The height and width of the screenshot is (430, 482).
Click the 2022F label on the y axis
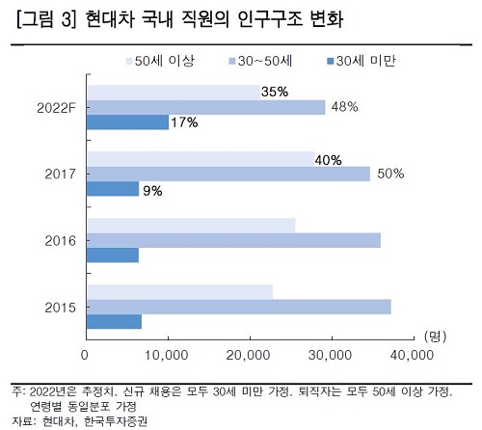pos(54,107)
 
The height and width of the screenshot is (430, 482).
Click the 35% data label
pos(274,93)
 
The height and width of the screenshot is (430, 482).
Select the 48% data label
pos(344,107)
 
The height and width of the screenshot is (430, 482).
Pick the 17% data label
pos(184,122)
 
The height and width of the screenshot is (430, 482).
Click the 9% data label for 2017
pos(152,190)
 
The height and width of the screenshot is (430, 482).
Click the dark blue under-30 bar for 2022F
pos(127,122)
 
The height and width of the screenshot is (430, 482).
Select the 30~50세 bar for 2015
pos(238,307)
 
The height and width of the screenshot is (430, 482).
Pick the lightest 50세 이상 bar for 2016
pos(190,226)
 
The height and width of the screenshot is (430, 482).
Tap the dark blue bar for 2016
pos(113,255)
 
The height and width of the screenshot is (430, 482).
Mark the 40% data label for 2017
pos(329,159)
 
